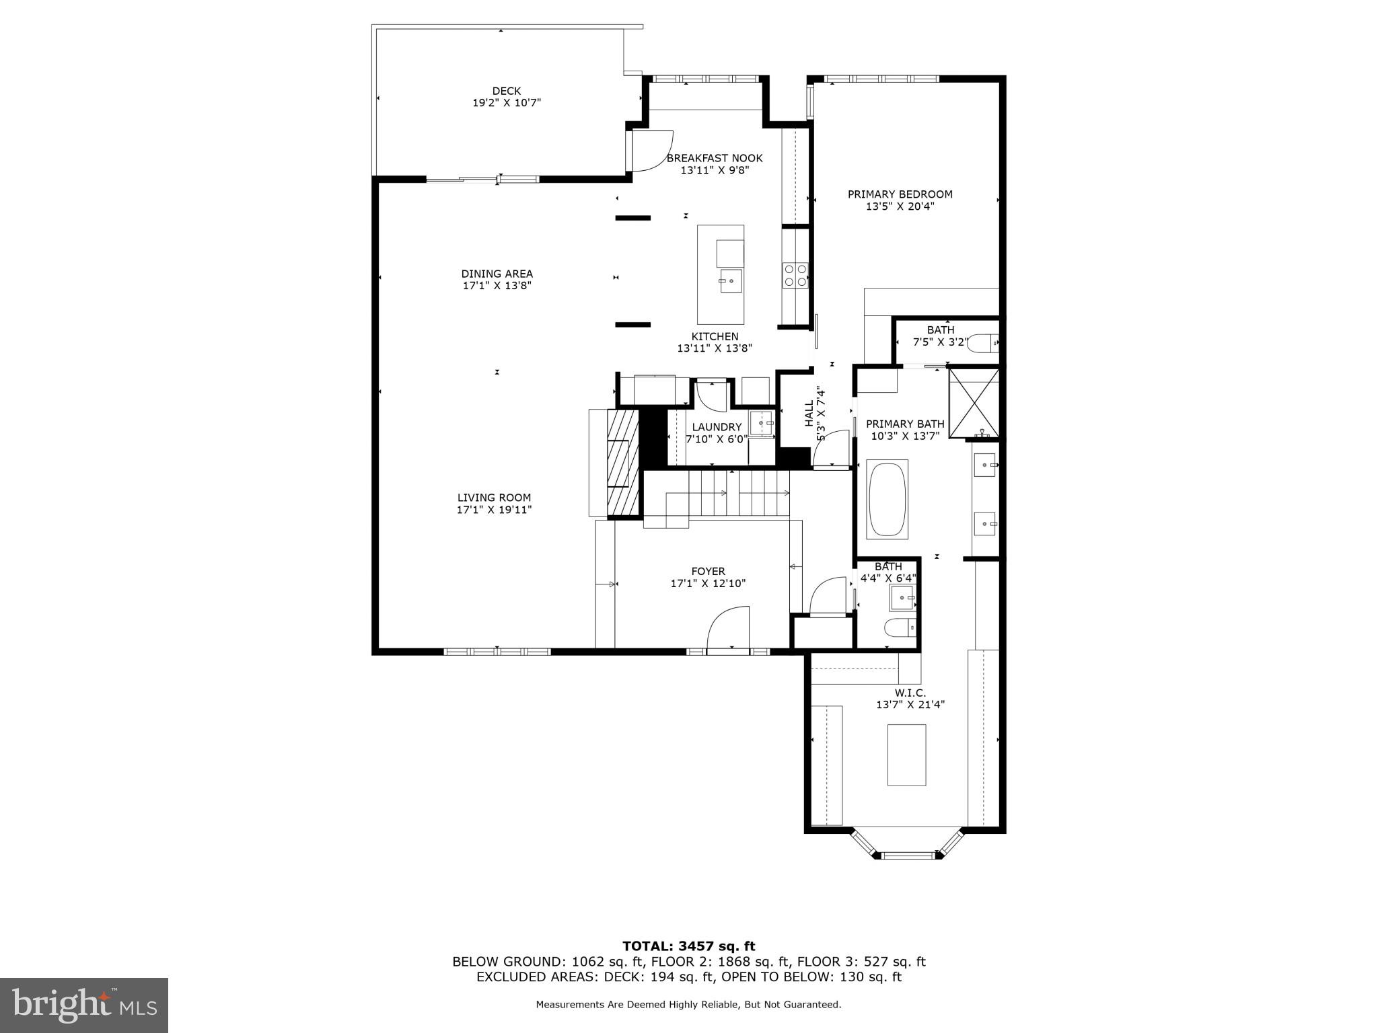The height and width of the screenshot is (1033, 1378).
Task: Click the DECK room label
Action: pos(506,91)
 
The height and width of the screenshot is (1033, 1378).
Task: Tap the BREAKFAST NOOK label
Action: pos(714,158)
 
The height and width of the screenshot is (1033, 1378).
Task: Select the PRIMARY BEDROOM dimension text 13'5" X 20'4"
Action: pos(900,206)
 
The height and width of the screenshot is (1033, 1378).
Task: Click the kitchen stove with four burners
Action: pos(795,275)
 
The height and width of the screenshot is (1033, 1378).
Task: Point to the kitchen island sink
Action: pos(730,280)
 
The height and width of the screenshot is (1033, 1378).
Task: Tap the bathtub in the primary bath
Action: pos(887,499)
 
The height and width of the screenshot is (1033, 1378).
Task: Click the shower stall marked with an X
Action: pos(973,403)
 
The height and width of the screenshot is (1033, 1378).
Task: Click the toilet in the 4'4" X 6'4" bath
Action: pos(900,628)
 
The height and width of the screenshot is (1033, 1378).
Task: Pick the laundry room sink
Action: pos(762,424)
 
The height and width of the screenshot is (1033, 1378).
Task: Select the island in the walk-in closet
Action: pos(906,755)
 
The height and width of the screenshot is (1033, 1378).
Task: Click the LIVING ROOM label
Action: pos(494,498)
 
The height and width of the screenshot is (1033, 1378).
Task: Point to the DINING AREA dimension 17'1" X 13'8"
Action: pos(497,285)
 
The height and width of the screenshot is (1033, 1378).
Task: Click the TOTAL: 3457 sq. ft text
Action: pos(688,946)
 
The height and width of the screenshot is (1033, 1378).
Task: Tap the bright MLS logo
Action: pos(84,1005)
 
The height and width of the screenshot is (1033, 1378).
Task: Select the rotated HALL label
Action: pos(809,414)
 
